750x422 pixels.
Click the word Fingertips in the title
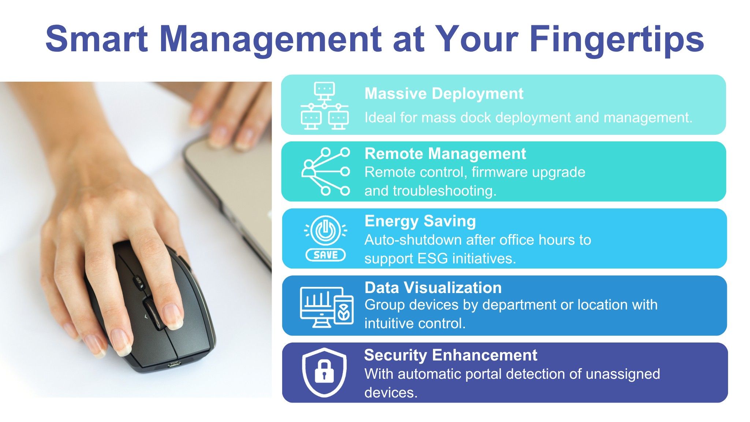(x=617, y=40)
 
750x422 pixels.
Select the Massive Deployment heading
(x=444, y=94)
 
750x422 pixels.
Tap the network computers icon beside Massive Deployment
(x=324, y=105)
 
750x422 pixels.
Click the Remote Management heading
(x=445, y=153)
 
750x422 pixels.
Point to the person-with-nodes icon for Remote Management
(x=325, y=171)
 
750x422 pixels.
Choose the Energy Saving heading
(x=420, y=221)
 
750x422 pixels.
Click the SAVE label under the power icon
(x=325, y=255)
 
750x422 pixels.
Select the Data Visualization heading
(x=433, y=288)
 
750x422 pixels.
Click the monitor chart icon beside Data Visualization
(x=327, y=307)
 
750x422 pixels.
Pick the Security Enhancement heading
(x=451, y=355)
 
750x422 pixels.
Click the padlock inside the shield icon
(x=324, y=371)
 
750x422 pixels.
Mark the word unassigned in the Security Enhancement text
(x=623, y=374)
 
